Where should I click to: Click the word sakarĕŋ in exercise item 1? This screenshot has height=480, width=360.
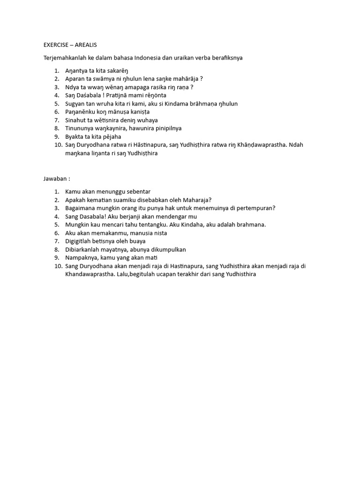click(x=116, y=70)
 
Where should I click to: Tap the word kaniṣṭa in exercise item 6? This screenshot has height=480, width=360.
click(x=148, y=112)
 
